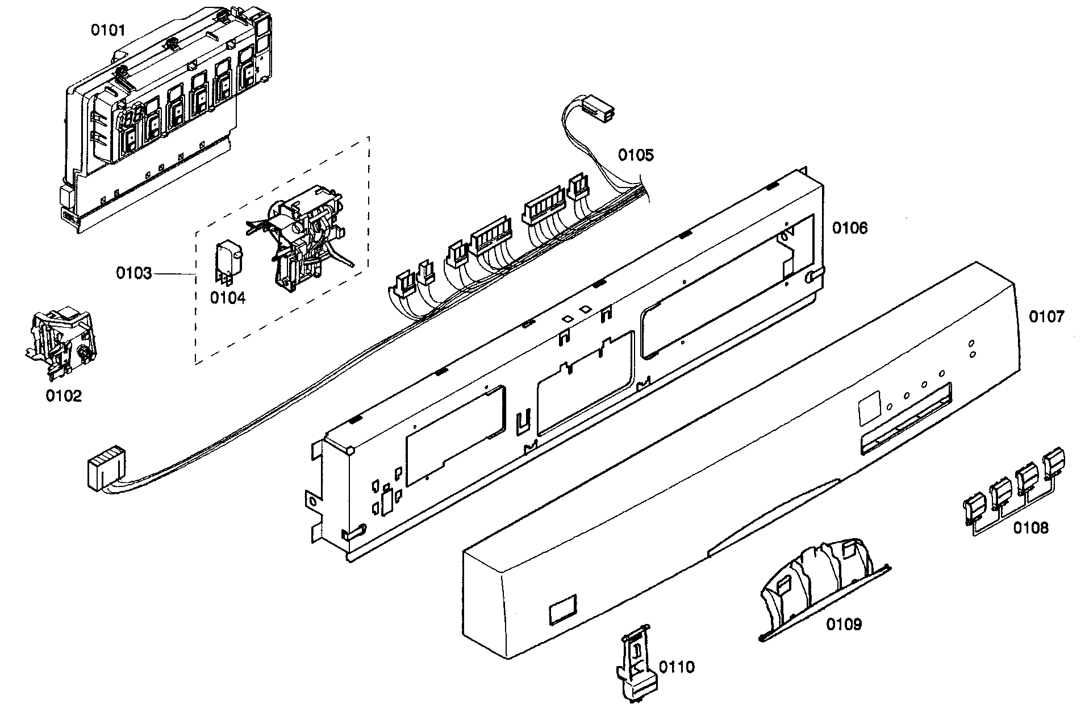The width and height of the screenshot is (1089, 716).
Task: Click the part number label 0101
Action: (x=108, y=30)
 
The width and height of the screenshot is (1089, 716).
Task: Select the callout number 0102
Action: (x=64, y=396)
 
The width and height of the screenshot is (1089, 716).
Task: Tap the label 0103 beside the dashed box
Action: (x=134, y=274)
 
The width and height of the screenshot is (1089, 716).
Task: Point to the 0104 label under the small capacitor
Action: (x=228, y=297)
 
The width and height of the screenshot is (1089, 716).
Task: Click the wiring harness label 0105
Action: (x=636, y=155)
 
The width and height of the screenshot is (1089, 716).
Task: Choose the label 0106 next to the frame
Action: (x=850, y=228)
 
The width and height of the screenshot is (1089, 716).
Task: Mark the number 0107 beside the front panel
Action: (x=1046, y=317)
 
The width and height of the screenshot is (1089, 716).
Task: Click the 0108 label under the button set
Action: (x=1031, y=528)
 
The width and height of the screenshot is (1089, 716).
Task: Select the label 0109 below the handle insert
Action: (x=844, y=625)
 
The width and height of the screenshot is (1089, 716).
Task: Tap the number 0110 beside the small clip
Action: (x=677, y=667)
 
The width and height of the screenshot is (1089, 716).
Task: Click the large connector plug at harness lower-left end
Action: (x=106, y=466)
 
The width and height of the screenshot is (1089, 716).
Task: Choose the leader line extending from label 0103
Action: (x=173, y=274)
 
